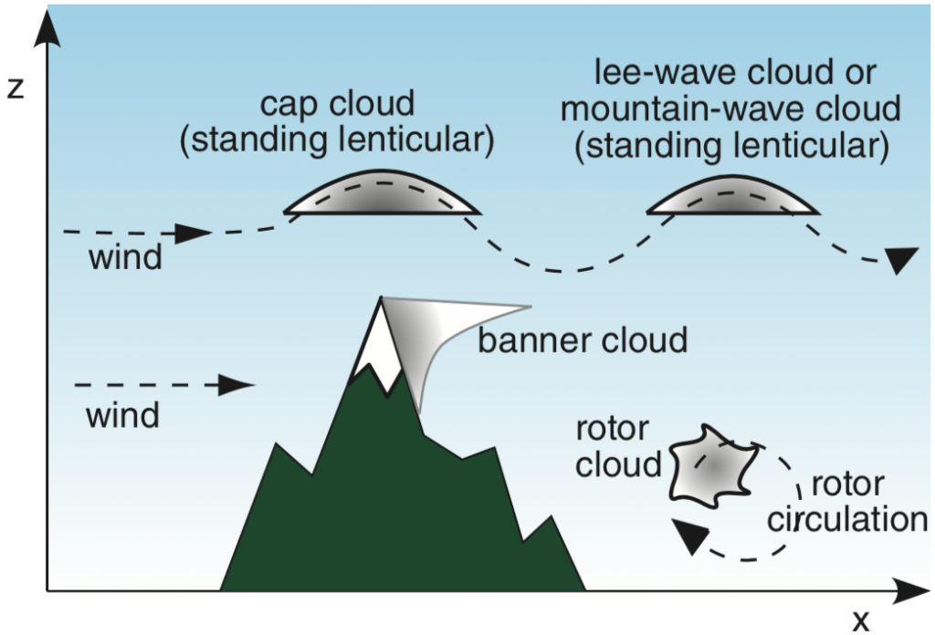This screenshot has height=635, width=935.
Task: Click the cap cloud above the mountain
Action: [x=382, y=194]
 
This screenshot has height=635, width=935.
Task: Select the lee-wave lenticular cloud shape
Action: [x=733, y=194]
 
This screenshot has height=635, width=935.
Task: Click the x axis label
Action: [x=860, y=620]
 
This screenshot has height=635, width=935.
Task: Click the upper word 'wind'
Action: [x=125, y=258]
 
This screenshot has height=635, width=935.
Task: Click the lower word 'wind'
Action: [x=122, y=416]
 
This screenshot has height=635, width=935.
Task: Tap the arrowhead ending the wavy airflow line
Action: [x=899, y=261]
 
